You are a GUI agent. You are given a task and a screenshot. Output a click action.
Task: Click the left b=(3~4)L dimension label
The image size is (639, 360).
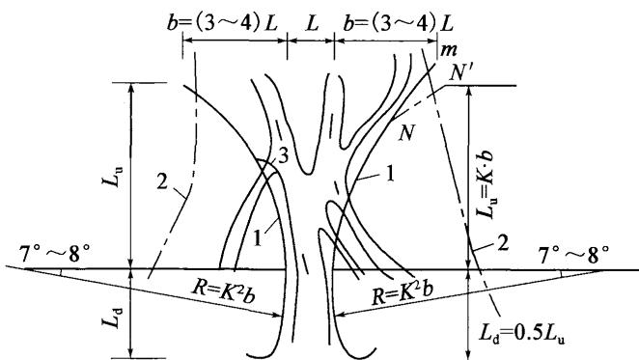click(x=223, y=23)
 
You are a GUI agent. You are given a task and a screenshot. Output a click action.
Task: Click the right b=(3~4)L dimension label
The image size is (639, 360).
click(x=398, y=23)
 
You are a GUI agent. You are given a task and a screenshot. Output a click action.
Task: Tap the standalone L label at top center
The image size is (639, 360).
click(x=312, y=24)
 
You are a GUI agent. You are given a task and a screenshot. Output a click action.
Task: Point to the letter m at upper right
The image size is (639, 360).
click(x=449, y=50)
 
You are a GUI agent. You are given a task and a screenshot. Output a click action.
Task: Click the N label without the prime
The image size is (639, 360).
click(x=406, y=132)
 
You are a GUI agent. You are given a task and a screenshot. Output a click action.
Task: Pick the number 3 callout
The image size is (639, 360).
click(x=283, y=155)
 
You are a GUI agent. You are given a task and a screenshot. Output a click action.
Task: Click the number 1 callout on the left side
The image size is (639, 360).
click(x=258, y=237)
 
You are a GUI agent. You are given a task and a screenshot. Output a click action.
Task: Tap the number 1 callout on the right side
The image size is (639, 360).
click(x=390, y=174)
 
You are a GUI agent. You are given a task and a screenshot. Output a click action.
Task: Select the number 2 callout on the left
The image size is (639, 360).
click(x=162, y=181)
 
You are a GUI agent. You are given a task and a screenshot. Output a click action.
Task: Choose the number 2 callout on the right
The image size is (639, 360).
click(x=503, y=243)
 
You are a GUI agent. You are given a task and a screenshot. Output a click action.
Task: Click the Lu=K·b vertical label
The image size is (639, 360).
click(x=485, y=184)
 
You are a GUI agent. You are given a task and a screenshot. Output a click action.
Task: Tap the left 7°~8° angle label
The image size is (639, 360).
click(x=54, y=255)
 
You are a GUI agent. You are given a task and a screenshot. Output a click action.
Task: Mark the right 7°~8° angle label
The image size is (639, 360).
click(x=574, y=255)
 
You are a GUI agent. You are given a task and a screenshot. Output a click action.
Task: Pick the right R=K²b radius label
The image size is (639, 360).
click(x=402, y=292)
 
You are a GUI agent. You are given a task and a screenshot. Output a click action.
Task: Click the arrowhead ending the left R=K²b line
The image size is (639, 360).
click(x=277, y=315)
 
